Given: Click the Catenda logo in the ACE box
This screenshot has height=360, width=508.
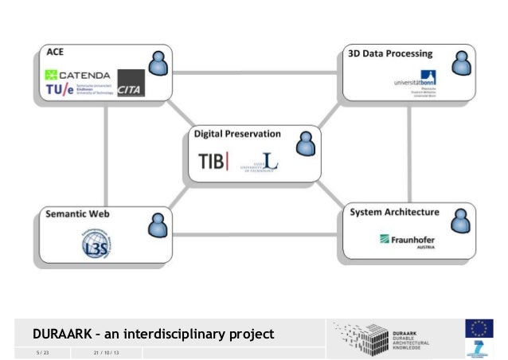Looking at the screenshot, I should point(76,76).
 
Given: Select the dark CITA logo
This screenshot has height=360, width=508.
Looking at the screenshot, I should point(131,84).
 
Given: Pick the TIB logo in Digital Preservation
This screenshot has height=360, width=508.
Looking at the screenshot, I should point(213,162).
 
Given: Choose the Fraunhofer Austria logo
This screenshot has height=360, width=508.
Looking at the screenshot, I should point(407,239).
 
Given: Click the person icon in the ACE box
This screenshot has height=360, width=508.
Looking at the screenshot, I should point(158,64).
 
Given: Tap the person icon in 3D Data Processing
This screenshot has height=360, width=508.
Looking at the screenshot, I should point(459,63).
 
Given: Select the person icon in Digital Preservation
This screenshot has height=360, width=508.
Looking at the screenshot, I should point(305,143).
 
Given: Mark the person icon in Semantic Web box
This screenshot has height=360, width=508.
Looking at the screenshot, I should point(156,225).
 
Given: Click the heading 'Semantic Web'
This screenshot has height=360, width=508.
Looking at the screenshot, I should point(78,214).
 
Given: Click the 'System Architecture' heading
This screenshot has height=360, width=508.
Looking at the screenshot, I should point(395,213).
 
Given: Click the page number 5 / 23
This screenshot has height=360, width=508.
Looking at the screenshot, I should point(42,353).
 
